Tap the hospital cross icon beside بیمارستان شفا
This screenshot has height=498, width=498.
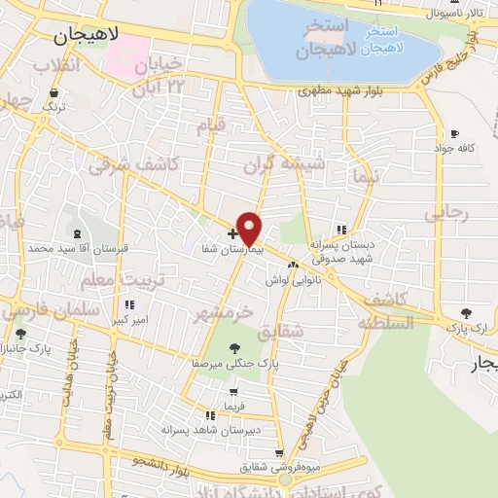tap(232, 234)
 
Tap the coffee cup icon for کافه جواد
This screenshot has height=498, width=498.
tap(454, 134)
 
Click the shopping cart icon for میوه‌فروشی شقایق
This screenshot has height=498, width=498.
tap(280, 453)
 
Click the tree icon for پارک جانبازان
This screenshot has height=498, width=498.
tap(20, 334)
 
